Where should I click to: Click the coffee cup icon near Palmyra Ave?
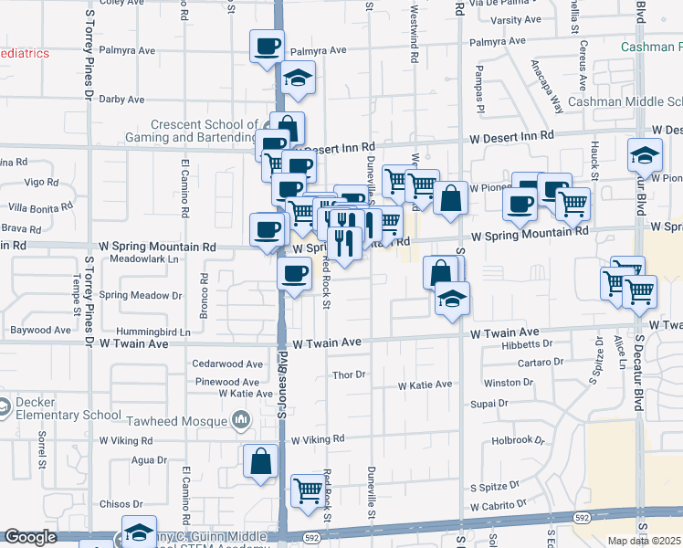click(268, 46)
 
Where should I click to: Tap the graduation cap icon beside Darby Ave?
click(298, 79)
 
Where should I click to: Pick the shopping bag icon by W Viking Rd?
click(260, 462)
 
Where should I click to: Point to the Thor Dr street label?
click(349, 374)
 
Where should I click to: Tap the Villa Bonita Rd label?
click(36, 207)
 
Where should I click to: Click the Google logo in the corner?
click(30, 537)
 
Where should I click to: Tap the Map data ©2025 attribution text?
click(645, 541)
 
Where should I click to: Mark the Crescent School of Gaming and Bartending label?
click(204, 131)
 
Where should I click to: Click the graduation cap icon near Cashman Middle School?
click(645, 155)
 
